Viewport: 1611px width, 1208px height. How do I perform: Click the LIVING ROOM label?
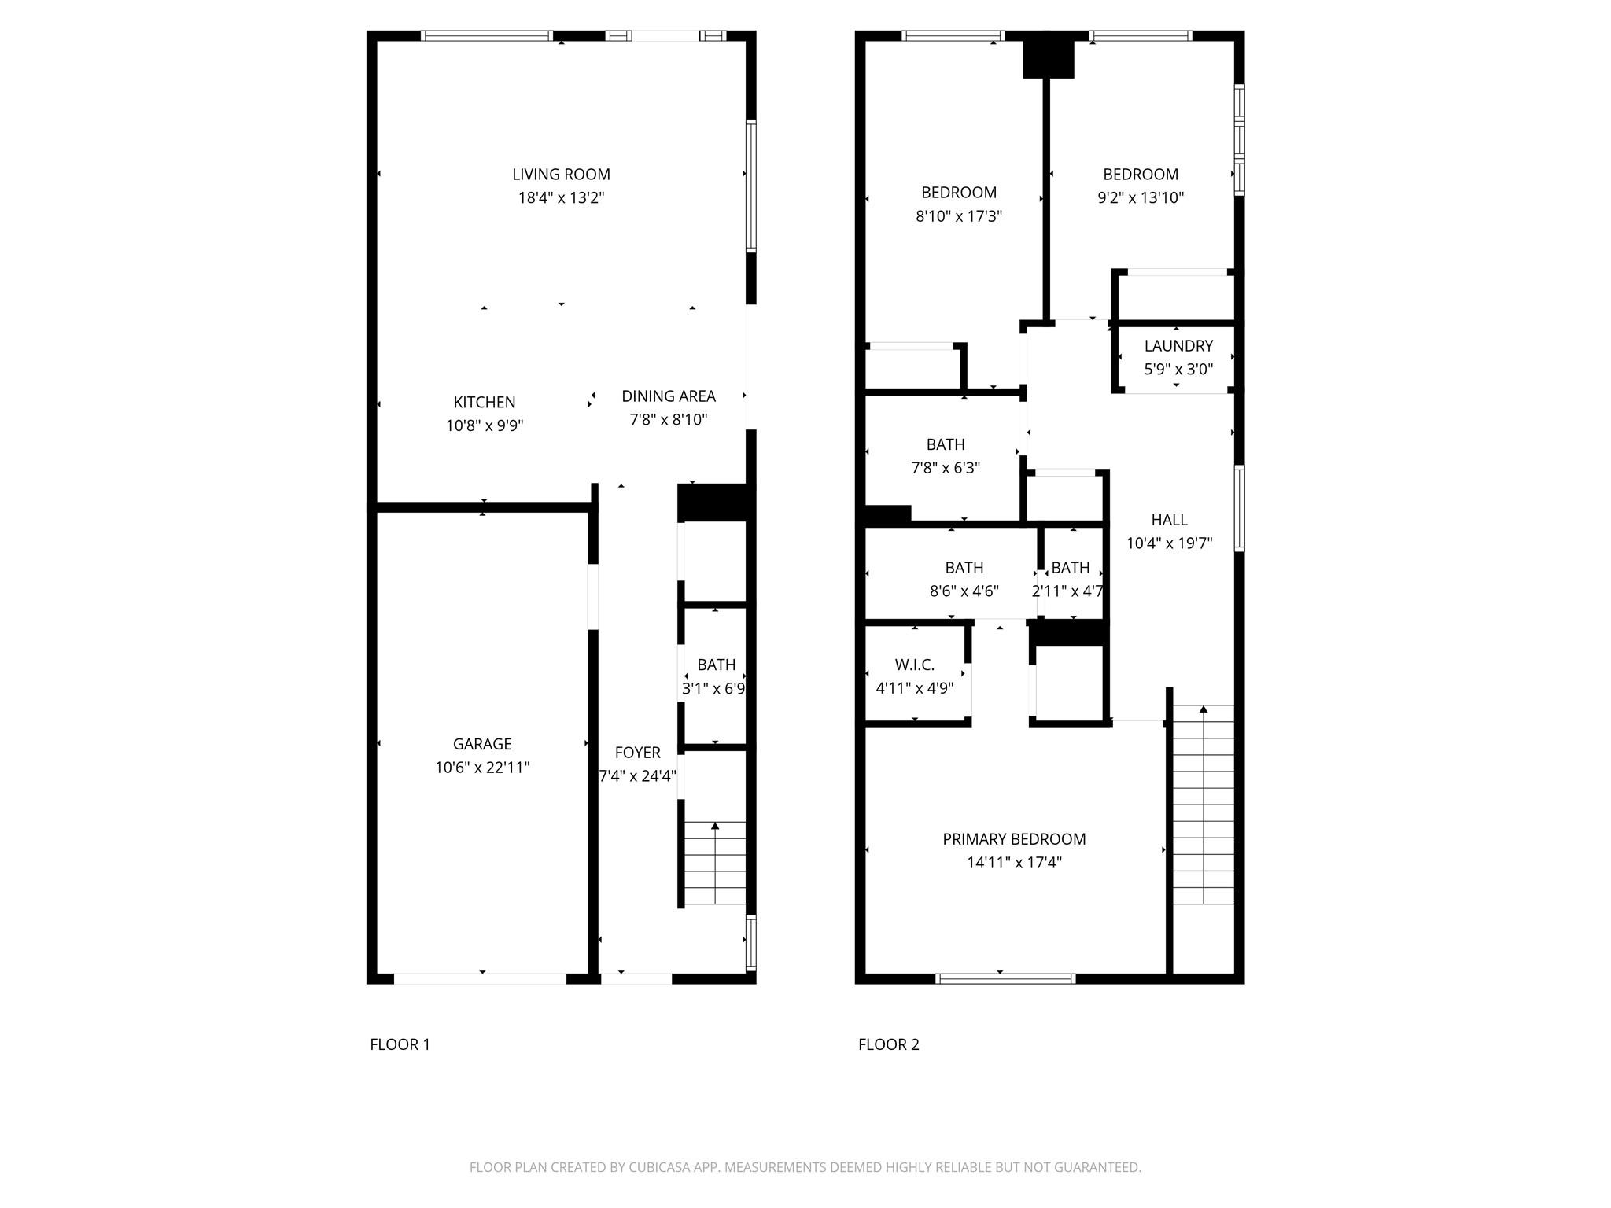click(x=561, y=175)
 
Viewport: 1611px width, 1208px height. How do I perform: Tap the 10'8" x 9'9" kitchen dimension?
click(x=484, y=426)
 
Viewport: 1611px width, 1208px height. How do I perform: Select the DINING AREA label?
click(x=668, y=396)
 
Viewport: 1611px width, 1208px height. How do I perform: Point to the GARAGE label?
click(x=482, y=744)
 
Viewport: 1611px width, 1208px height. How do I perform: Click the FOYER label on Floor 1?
click(x=637, y=753)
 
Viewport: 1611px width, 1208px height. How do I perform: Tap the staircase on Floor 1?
click(x=714, y=864)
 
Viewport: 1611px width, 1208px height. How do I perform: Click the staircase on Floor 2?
click(x=1203, y=805)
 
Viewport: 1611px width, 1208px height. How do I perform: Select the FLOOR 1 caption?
click(x=400, y=1044)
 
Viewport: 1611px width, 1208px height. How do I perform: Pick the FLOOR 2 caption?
click(x=888, y=1044)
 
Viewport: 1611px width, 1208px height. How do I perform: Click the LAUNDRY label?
click(x=1178, y=346)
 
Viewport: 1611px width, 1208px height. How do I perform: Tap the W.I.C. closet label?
click(x=914, y=665)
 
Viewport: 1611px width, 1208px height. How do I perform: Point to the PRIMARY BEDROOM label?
click(x=1014, y=839)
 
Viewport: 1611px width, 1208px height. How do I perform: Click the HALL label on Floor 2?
click(x=1169, y=520)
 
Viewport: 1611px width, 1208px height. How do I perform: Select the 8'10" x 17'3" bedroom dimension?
click(x=958, y=216)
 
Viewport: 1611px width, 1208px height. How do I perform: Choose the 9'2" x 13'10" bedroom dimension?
click(x=1140, y=198)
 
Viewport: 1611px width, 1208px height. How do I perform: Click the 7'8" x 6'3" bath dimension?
click(x=945, y=468)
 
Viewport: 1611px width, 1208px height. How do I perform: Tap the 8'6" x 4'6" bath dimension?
click(x=964, y=591)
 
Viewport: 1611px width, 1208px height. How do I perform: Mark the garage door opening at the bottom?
click(x=480, y=979)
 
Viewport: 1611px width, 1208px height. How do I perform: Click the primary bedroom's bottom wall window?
click(x=1005, y=979)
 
